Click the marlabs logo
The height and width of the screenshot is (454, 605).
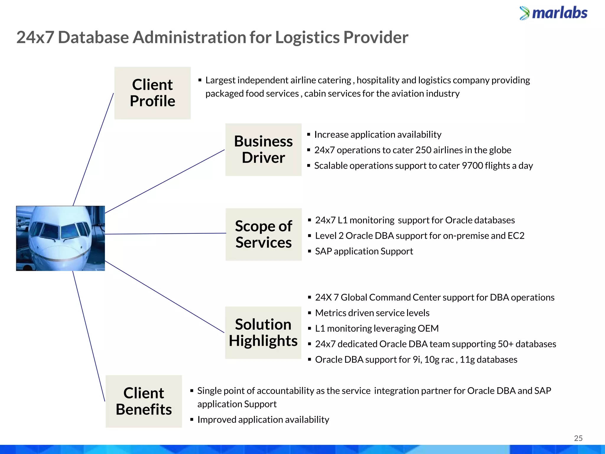(554, 13)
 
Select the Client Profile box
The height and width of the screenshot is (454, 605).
(152, 93)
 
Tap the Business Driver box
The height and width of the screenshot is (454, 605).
(263, 150)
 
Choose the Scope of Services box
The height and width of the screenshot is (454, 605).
(264, 234)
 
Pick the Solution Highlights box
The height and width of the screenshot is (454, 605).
(263, 333)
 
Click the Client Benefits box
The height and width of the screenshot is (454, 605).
(144, 401)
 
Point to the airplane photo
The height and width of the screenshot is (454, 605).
(60, 238)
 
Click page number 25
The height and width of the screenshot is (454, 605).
(578, 438)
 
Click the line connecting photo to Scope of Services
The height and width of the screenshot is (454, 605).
(165, 234)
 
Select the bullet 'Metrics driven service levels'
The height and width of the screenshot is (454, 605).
(372, 313)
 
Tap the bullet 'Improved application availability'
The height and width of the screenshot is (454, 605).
(263, 420)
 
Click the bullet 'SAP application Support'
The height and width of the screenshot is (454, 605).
(364, 251)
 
